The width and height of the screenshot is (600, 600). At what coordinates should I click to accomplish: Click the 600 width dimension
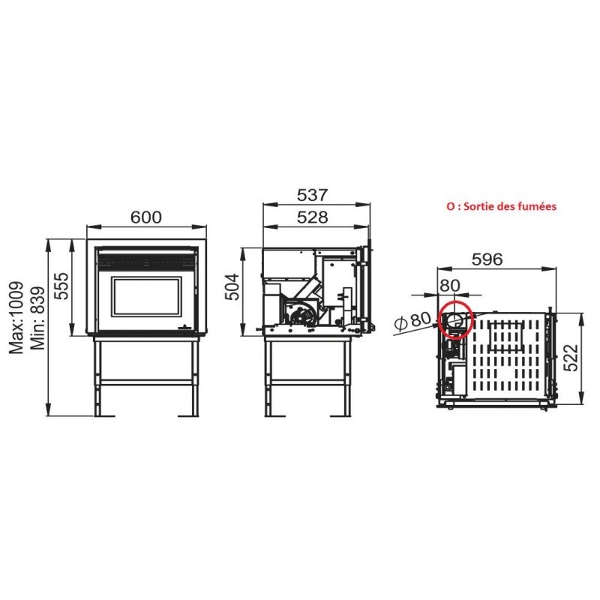tap(146, 217)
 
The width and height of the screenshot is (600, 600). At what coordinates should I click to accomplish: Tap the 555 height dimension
tap(61, 286)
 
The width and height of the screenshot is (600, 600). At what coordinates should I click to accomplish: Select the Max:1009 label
tap(16, 318)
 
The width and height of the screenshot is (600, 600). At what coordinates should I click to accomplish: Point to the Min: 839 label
tap(38, 318)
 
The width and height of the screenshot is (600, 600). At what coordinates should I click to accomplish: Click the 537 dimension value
tap(313, 195)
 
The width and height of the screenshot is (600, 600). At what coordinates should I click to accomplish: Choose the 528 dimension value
tap(313, 217)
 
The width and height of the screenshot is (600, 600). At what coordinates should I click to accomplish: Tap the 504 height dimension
tap(232, 287)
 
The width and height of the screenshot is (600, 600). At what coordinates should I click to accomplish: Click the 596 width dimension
tap(487, 259)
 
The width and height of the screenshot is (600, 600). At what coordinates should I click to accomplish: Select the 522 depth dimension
tap(571, 358)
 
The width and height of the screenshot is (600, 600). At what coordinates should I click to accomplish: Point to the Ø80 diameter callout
tap(412, 321)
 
